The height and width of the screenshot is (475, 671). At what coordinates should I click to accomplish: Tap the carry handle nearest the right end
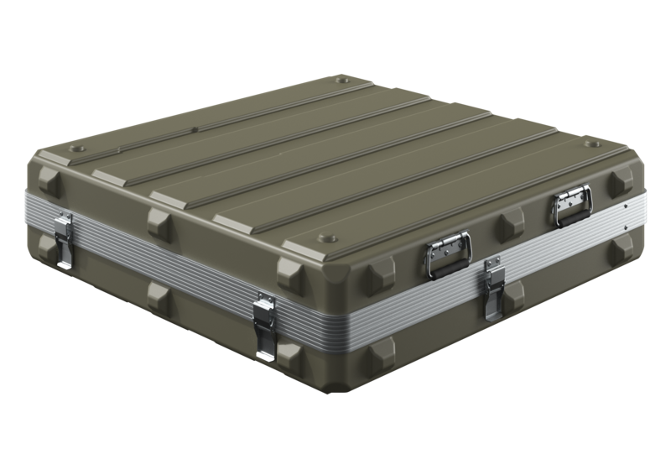(570, 203)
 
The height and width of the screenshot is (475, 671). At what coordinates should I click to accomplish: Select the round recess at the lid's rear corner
(343, 82)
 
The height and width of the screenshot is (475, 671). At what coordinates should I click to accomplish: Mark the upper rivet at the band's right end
(625, 204)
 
